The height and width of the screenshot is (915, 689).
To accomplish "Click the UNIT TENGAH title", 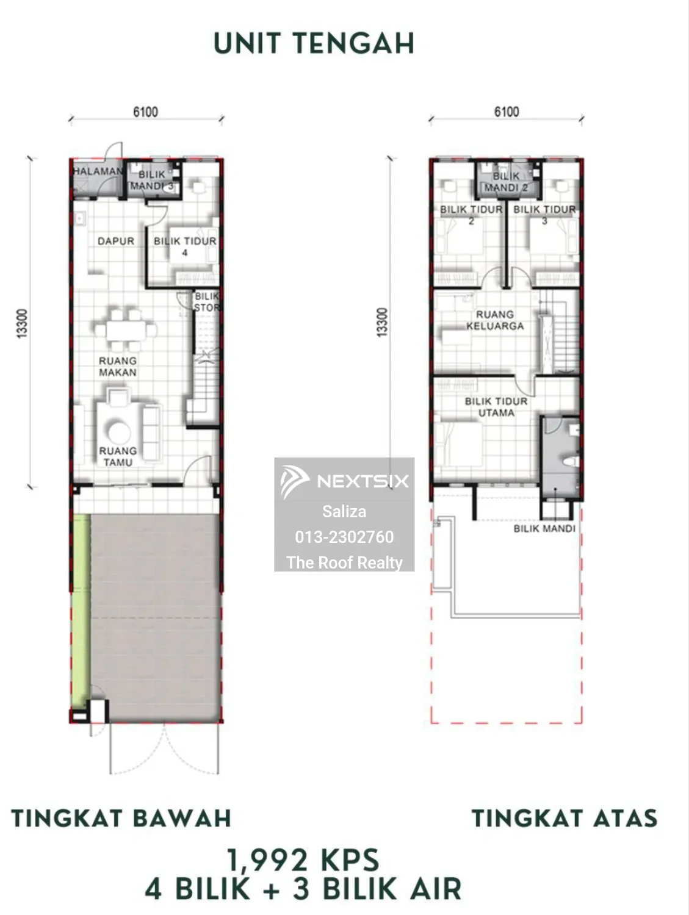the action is point(314,43).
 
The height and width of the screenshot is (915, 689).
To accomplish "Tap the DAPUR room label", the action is point(116,241).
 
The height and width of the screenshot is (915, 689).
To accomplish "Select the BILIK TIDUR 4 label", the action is point(185,246).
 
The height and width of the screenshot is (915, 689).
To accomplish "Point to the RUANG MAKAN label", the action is point(118,367).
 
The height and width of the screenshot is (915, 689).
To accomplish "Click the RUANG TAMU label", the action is point(118,456).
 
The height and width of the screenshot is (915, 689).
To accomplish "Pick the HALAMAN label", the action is point(98,171).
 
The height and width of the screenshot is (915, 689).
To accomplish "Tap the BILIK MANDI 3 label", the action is point(152,180).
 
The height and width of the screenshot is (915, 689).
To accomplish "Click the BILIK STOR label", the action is point(207,302).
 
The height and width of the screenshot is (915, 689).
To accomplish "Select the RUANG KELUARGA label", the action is point(495,320).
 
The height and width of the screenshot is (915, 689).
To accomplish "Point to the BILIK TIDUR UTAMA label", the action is point(496,407).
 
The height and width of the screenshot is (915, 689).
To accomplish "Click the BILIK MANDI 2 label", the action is point(507,182).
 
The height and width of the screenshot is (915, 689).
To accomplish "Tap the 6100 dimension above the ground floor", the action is point(146,112).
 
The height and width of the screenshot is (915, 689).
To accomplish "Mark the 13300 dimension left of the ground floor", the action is point(22,323).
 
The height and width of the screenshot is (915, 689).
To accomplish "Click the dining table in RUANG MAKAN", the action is point(126,330).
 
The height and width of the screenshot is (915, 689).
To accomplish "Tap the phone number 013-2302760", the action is point(344,537).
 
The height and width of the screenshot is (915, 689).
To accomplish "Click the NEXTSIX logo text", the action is point(363,481).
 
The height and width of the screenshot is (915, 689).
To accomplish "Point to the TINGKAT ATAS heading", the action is point(565,819).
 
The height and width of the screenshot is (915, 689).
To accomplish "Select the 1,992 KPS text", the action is point(303,860).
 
